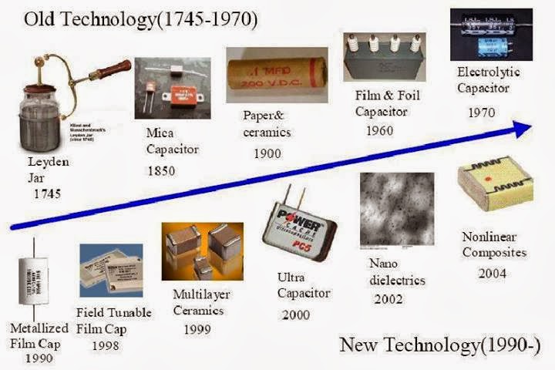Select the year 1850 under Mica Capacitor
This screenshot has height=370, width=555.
click(161, 170)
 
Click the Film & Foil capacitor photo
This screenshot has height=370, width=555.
click(382, 55)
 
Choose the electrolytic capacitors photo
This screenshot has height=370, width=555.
click(490, 34)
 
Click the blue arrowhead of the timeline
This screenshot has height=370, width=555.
click(522, 129)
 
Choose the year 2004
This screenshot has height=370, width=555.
click(493, 273)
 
